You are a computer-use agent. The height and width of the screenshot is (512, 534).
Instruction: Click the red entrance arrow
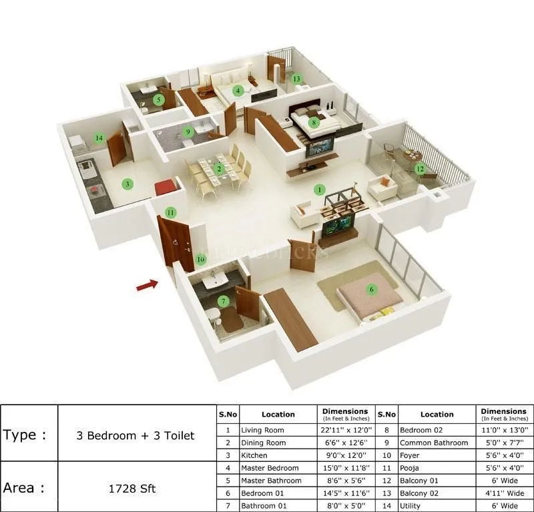click(147, 285)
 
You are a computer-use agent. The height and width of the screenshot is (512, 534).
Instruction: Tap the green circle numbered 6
click(372, 289)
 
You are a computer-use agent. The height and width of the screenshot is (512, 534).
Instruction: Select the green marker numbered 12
click(419, 169)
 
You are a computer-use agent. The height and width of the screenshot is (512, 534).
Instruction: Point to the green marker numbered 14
click(99, 138)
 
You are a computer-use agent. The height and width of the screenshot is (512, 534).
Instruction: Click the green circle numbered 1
click(319, 190)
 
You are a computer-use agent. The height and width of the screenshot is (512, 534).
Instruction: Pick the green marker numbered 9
click(188, 132)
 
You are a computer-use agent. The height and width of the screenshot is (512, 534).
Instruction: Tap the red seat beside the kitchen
click(164, 188)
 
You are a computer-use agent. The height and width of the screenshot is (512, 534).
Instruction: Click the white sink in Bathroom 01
click(214, 282)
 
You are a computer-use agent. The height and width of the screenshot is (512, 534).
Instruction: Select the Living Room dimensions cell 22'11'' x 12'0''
click(345, 431)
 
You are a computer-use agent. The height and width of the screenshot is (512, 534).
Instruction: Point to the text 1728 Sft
click(131, 489)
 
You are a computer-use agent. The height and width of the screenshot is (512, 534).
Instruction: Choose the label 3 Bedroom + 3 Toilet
click(136, 436)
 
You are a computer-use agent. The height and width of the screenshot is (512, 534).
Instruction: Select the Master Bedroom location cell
click(270, 468)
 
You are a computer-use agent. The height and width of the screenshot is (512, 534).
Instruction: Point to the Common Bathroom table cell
click(434, 443)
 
